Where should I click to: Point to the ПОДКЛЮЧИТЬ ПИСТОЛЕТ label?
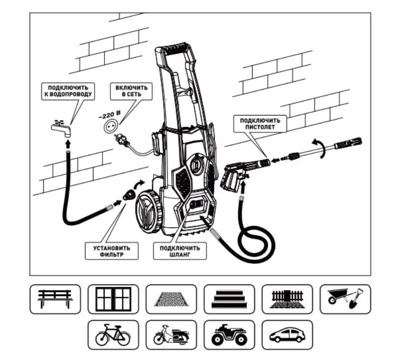click(260, 123)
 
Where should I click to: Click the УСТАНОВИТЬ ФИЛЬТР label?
click(111, 251)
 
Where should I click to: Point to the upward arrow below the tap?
click(67, 144)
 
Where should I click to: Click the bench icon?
click(55, 299)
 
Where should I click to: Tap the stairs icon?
click(229, 299)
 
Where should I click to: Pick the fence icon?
click(287, 299)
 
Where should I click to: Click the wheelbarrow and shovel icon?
click(345, 299)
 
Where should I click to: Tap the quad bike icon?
click(229, 335)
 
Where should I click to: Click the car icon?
click(287, 335)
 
